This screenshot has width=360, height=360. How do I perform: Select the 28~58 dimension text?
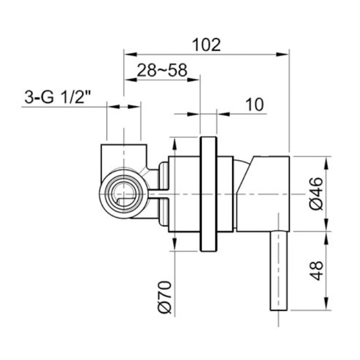point(162,70)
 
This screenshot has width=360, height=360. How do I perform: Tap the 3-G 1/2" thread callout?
point(58,97)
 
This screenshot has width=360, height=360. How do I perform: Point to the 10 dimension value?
point(255,104)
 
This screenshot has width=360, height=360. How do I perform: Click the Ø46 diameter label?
point(316,193)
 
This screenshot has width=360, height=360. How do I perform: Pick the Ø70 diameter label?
point(165,297)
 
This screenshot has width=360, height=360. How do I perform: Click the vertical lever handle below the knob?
point(279,271)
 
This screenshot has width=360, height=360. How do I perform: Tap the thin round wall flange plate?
point(208,194)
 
